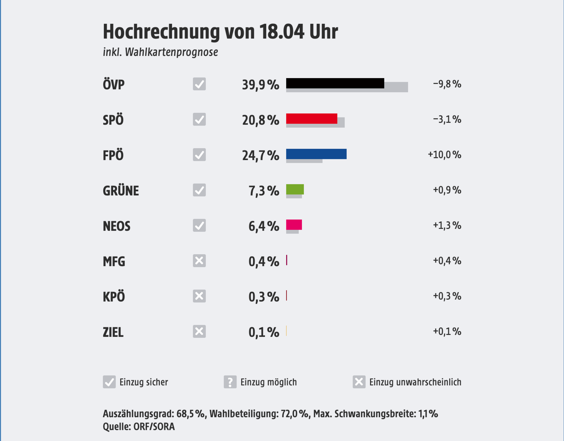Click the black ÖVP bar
(x=335, y=83)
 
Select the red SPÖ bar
(x=311, y=118)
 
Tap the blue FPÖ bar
(x=316, y=154)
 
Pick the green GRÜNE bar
(x=295, y=189)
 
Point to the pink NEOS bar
(x=294, y=225)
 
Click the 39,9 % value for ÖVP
(x=261, y=85)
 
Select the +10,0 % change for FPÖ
(x=444, y=155)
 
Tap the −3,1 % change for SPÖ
(x=447, y=119)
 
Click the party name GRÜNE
(x=121, y=191)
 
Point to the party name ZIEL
(x=113, y=332)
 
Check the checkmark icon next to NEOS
(x=199, y=225)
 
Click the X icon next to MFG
(x=199, y=261)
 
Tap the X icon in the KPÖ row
(x=199, y=296)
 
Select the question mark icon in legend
(x=230, y=382)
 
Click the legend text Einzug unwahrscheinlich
(x=415, y=382)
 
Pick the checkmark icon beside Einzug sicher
(x=109, y=382)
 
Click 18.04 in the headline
(x=281, y=32)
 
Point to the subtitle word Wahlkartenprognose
(x=171, y=52)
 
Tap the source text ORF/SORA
(x=154, y=427)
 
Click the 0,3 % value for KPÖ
(x=264, y=297)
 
